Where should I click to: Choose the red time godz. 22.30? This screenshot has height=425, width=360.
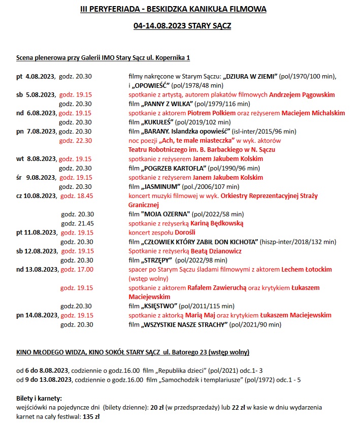tap(76, 141)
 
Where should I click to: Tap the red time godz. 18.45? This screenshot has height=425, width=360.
tap(77, 195)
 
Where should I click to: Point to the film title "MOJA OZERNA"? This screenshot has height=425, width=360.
tap(166, 214)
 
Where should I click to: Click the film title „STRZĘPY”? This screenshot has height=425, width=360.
tap(157, 260)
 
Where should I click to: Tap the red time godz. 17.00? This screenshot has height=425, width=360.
tap(77, 269)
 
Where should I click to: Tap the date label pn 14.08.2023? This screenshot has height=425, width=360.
tap(36, 315)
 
